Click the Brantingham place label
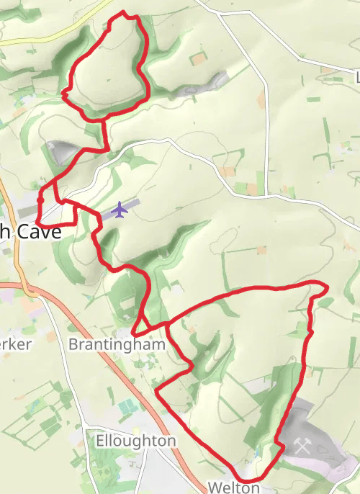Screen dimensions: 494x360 [x=117, y=344]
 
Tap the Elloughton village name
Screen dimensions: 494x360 [x=135, y=440]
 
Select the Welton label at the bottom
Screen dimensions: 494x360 [x=233, y=488]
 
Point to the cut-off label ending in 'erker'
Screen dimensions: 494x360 [x=15, y=344]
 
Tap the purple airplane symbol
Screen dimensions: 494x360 [x=120, y=210]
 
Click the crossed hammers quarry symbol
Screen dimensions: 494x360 [x=302, y=446]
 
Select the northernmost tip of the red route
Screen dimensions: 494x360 [x=124, y=12]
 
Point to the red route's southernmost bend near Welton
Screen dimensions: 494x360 [x=249, y=480]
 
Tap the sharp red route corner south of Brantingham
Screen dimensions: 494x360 [x=156, y=392]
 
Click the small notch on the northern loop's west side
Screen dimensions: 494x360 [x=64, y=93]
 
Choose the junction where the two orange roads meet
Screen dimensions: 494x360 [x=29, y=287]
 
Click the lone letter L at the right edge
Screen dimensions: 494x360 [x=356, y=76]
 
